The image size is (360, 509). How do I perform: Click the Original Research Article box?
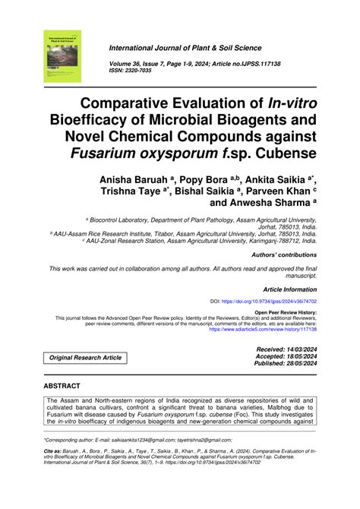[85, 356]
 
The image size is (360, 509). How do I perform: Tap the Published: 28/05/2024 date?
[281, 363]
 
